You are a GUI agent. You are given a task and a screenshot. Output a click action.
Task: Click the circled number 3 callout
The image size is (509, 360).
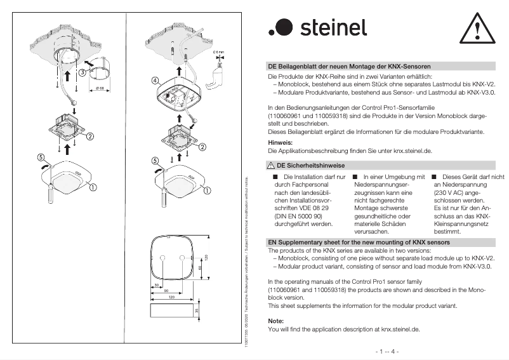(83, 72)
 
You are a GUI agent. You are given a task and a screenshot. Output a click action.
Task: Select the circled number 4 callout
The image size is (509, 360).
(155, 81)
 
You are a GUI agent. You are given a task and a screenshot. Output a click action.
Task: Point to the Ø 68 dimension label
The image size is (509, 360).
(100, 88)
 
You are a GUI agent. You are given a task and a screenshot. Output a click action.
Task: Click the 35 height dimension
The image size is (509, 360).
(197, 311)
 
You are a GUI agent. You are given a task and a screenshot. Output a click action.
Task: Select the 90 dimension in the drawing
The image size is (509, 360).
(167, 291)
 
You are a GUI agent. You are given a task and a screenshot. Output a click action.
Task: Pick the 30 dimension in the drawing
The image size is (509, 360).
(157, 285)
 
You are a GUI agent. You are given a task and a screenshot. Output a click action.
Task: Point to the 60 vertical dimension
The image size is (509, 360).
(200, 269)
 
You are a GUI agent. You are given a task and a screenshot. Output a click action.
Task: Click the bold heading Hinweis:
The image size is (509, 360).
(280, 143)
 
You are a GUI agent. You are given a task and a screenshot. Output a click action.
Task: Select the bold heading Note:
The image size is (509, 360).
(276, 321)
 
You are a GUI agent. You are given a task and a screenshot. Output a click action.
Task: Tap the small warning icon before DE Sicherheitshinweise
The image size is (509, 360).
(272, 166)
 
